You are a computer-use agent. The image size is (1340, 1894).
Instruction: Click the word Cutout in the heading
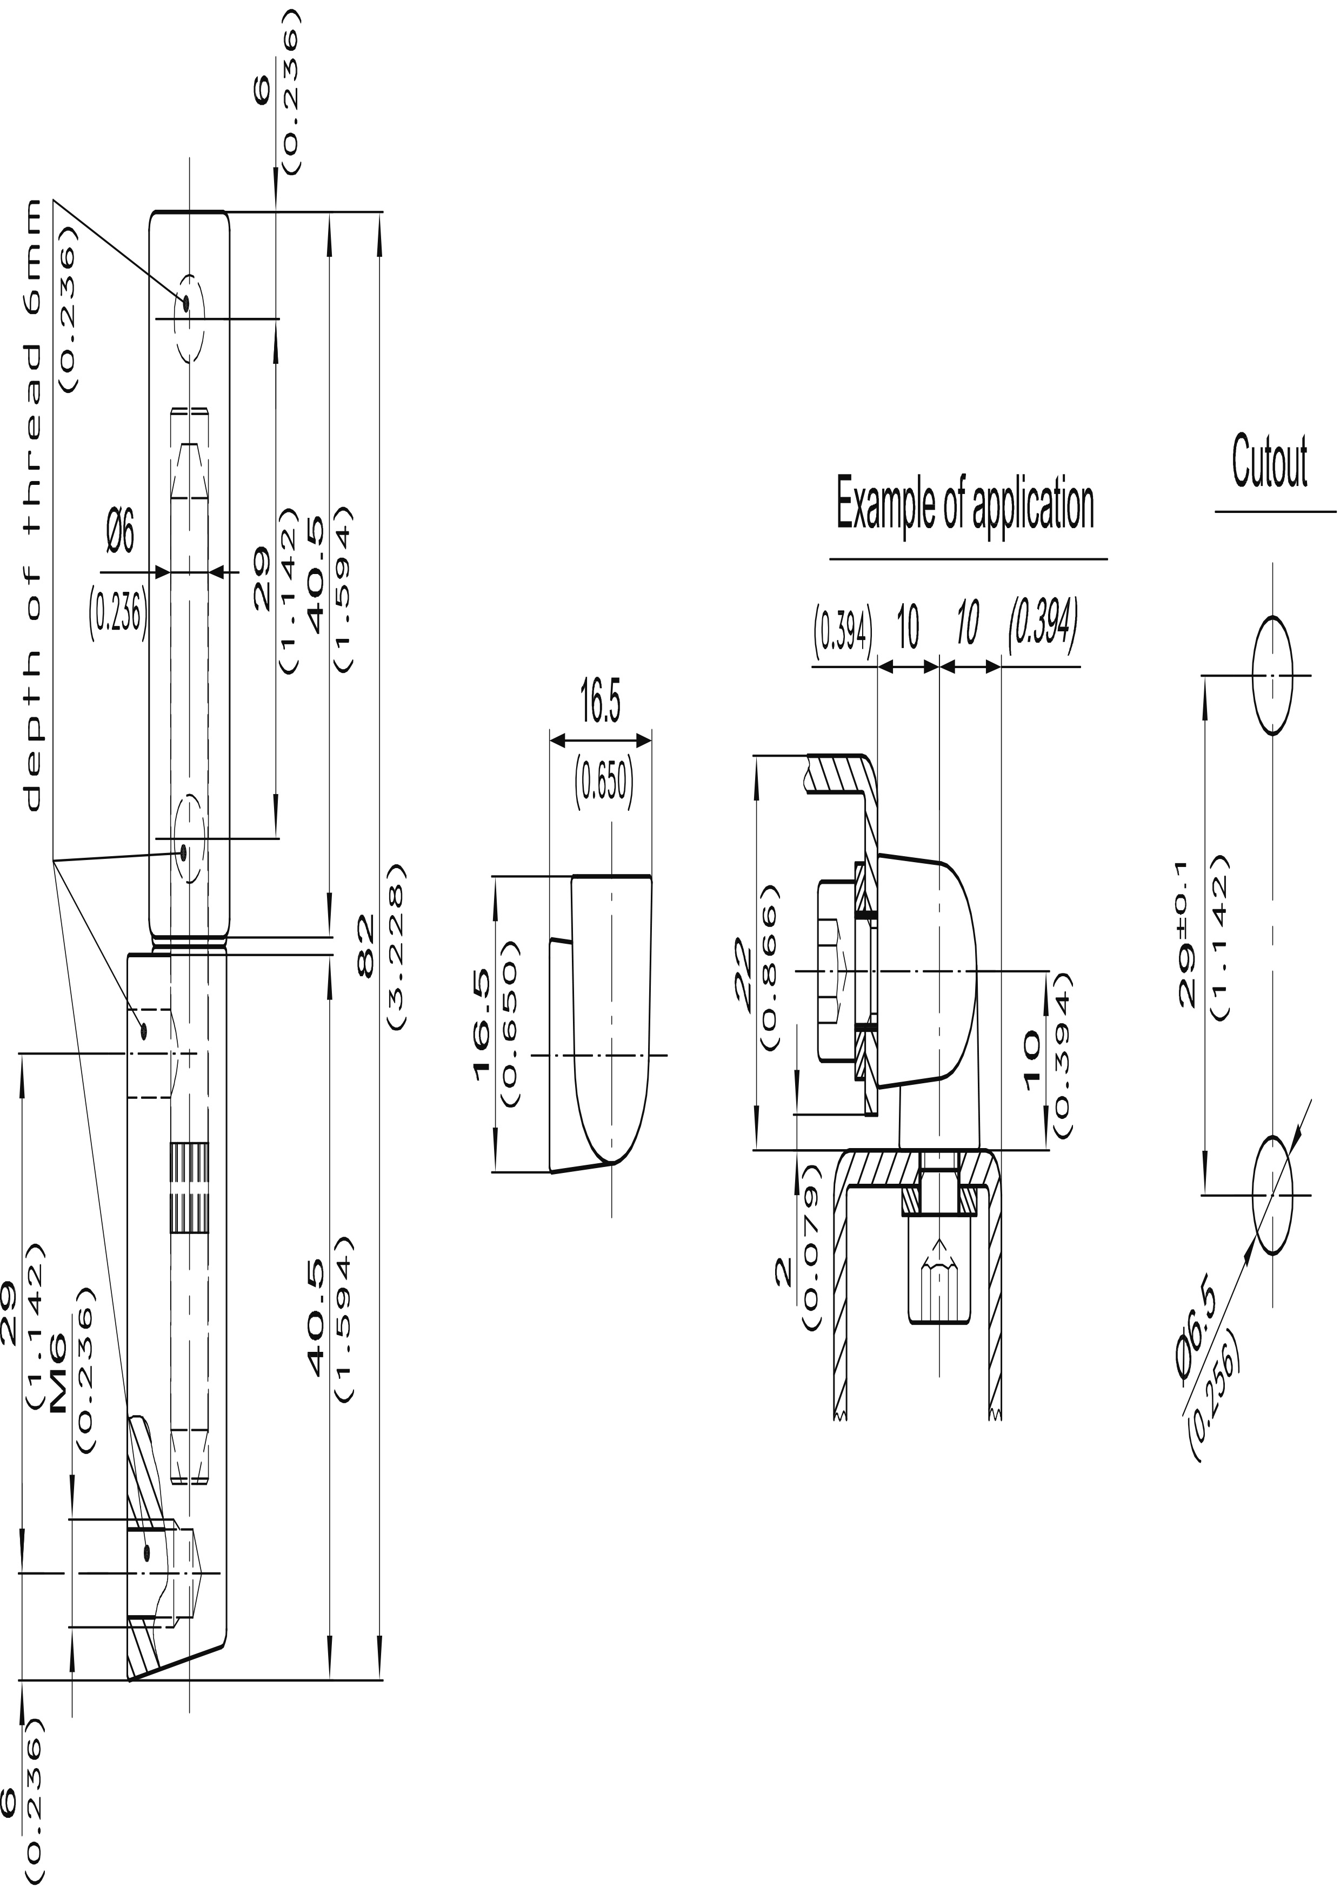(1270, 463)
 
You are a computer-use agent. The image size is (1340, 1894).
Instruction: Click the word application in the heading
(1033, 506)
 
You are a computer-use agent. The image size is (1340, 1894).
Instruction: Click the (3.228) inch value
(396, 946)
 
